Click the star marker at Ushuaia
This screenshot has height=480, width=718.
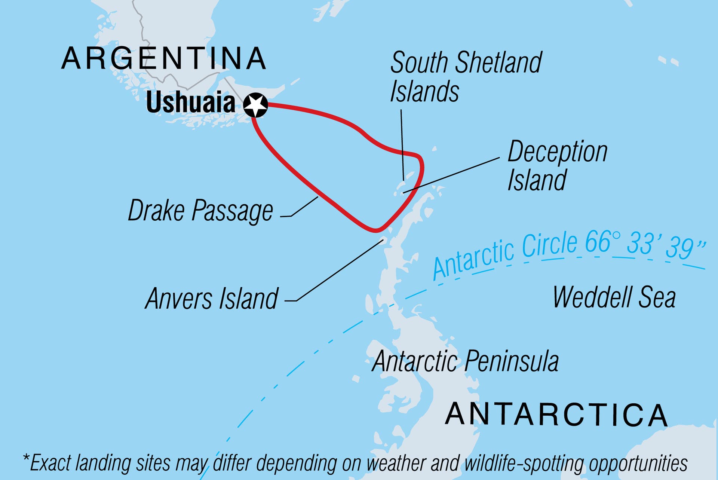pyautogui.click(x=255, y=105)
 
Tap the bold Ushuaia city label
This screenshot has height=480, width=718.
pyautogui.click(x=190, y=103)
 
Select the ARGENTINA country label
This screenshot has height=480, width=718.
pyautogui.click(x=164, y=59)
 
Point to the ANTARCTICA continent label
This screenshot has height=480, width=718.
pyautogui.click(x=556, y=415)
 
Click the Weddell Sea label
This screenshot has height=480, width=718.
pyautogui.click(x=614, y=297)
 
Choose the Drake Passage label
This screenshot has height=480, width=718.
pyautogui.click(x=200, y=211)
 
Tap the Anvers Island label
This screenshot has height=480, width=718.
pyautogui.click(x=212, y=299)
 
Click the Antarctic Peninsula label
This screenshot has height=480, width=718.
pyautogui.click(x=465, y=361)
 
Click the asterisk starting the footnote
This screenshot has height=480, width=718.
pyautogui.click(x=26, y=459)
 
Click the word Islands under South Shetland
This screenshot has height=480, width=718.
pyautogui.click(x=424, y=92)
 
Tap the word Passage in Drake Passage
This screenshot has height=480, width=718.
pyautogui.click(x=232, y=211)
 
